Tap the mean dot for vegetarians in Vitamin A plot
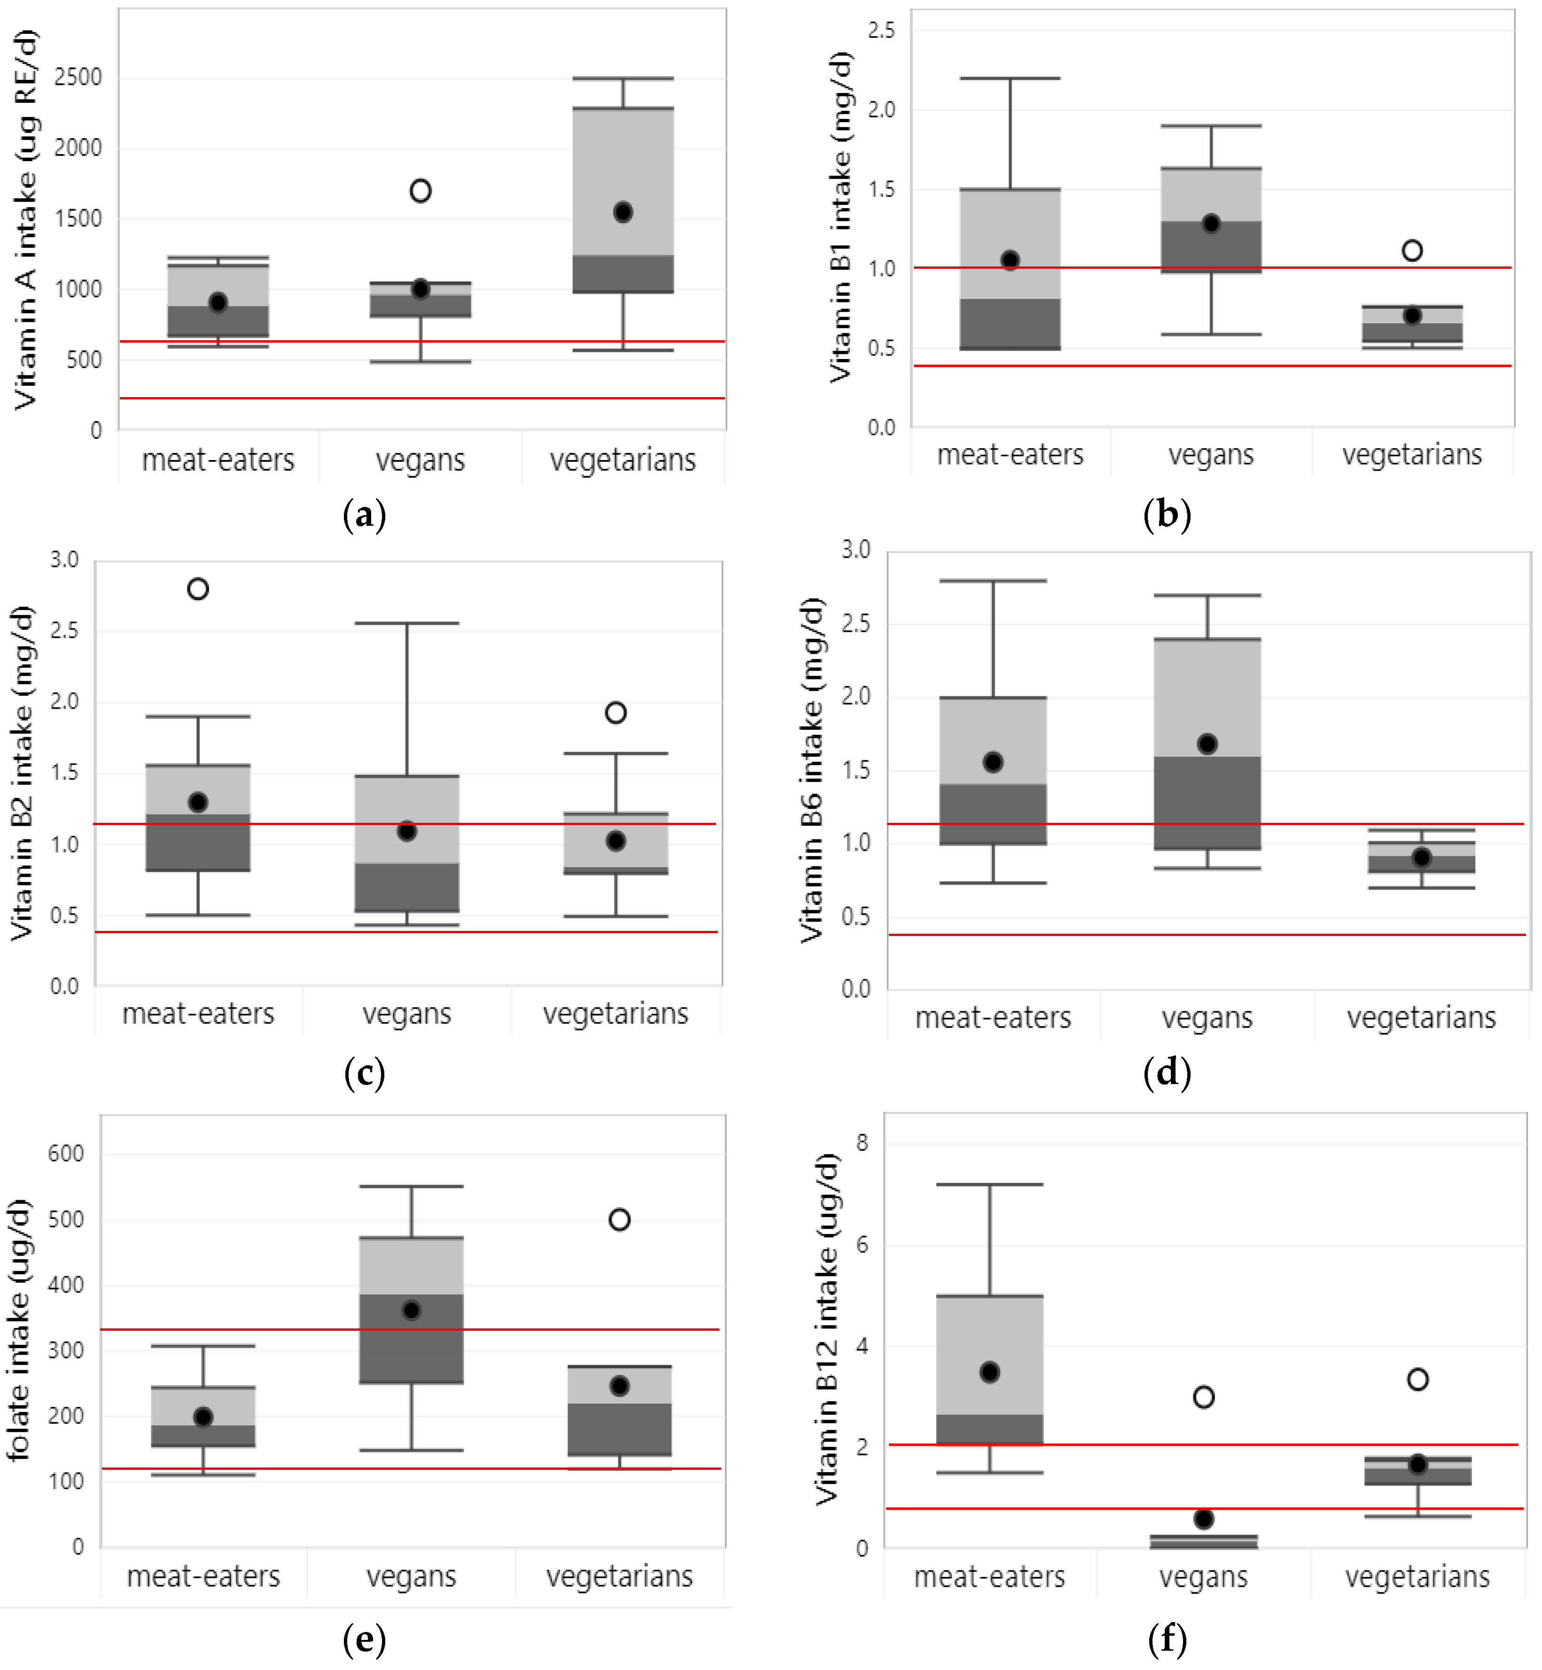623,212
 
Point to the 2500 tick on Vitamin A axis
78,78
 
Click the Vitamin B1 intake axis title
840,217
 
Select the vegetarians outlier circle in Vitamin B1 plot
1412,250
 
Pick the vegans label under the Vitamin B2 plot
406,1013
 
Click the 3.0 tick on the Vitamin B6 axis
856,550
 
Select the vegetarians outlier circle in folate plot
619,1219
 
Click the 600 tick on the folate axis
66,1154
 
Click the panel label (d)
1167,1072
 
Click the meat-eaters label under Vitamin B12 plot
989,1576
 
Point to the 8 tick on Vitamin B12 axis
862,1142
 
